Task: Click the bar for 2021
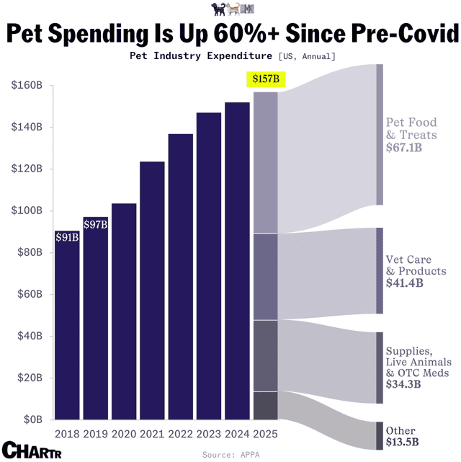click(x=152, y=290)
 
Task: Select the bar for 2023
click(x=209, y=266)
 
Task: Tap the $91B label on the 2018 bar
click(x=67, y=237)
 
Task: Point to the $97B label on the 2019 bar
click(x=95, y=225)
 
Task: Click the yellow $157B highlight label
click(x=266, y=79)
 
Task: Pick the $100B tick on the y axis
click(x=27, y=210)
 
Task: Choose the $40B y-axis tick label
click(x=30, y=336)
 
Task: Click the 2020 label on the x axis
click(x=124, y=434)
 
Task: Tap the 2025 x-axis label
click(x=265, y=434)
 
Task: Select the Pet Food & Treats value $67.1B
click(x=404, y=147)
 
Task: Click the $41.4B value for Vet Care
click(x=405, y=283)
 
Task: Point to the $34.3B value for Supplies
click(x=403, y=384)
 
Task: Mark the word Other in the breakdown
click(x=400, y=431)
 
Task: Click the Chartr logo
click(x=32, y=450)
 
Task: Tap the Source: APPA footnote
click(x=230, y=455)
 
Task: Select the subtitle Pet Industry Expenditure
click(x=201, y=55)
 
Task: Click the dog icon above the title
click(x=218, y=9)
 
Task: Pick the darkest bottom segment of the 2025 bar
click(x=266, y=406)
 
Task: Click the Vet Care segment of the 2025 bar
click(x=266, y=277)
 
